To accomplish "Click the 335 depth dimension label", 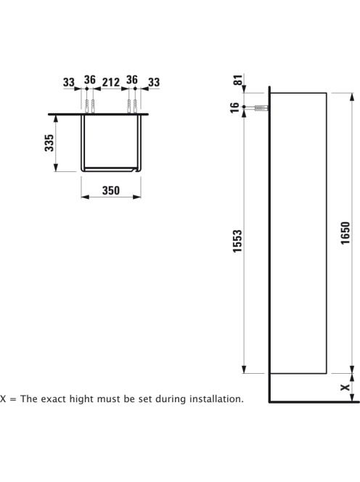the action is [49, 142].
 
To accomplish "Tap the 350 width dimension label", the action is [110, 191].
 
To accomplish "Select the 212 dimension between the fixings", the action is [110, 82].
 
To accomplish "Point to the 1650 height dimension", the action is [345, 233].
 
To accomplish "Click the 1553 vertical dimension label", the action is [237, 241].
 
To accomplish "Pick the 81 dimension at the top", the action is [238, 80].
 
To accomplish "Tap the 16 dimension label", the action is [234, 107].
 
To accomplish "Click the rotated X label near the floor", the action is [345, 387].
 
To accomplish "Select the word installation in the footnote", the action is [216, 399].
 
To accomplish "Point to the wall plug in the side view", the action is [261, 108].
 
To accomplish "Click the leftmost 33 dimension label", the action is [69, 82].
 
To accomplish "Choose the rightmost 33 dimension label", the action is [154, 82].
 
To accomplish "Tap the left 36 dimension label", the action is [90, 80].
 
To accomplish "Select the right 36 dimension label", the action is [132, 80].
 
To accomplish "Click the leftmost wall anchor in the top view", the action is [86, 107].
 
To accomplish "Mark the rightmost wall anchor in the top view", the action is [135, 107].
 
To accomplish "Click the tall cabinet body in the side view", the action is [298, 233].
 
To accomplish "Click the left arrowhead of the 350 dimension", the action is [85, 197].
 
